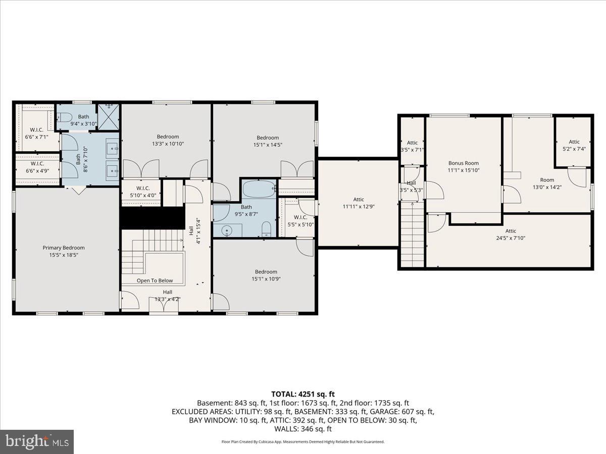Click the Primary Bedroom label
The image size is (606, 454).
pos(63,248)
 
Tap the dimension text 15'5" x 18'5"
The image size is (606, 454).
pos(63,255)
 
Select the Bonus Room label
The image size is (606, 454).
pos(463,163)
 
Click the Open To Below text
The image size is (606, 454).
pos(155,280)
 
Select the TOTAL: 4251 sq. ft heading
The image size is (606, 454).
pos(303,394)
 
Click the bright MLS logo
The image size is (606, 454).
pos(37,442)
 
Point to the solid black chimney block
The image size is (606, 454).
pos(151,217)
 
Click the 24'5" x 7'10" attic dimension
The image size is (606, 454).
pos(511,238)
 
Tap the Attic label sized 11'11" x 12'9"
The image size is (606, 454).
pos(359,199)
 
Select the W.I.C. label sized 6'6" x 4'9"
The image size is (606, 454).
pos(37,163)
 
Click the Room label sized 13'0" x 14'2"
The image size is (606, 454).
pos(547,180)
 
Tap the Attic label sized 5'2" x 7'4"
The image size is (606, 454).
pos(574,142)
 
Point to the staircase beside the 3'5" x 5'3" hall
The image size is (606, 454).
pos(413,235)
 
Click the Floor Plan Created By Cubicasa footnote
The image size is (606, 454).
pos(303,441)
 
